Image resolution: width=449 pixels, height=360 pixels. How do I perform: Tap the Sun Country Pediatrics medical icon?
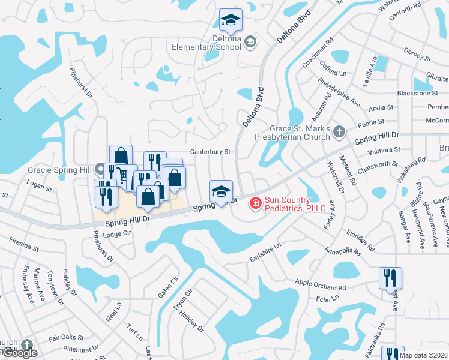click(255, 204)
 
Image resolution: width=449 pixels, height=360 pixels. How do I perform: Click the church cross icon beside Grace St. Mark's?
click(339, 131)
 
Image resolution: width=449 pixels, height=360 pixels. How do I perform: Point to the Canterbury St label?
click(211, 152)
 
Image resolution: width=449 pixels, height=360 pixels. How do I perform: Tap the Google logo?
click(19, 353)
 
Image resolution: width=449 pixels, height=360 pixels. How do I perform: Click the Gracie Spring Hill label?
click(59, 170)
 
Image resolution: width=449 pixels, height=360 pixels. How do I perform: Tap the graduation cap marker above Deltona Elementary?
click(231, 22)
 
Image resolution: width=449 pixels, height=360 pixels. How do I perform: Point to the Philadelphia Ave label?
click(339, 92)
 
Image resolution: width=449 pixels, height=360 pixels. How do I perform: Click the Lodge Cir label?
click(116, 234)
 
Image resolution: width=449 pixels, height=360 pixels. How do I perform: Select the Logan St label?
click(40, 187)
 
